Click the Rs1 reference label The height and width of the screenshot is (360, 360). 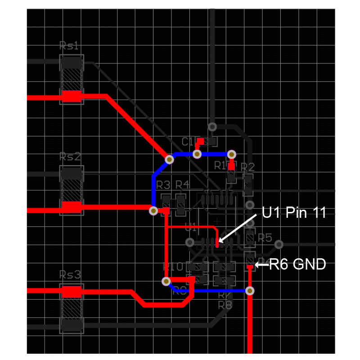[70, 46]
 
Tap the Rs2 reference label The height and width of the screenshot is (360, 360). [70, 157]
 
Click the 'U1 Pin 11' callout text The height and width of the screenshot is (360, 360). [293, 212]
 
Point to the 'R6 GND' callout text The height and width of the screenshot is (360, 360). [297, 265]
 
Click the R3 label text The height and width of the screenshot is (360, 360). [163, 185]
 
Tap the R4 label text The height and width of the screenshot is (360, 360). [182, 185]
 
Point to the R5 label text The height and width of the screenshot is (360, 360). [265, 238]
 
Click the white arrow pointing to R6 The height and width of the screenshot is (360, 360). [261, 265]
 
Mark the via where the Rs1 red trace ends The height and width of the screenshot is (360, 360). [170, 159]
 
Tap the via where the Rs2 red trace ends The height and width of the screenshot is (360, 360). [153, 210]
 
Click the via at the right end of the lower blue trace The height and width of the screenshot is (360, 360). [250, 290]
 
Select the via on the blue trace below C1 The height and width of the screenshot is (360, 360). [197, 154]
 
